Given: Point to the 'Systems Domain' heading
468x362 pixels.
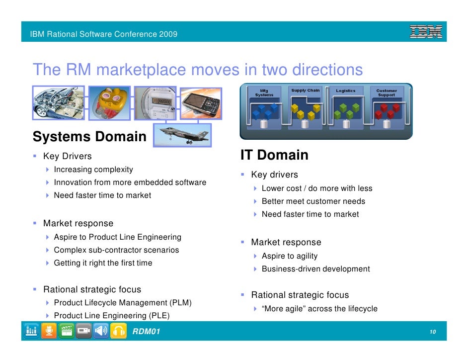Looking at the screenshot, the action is point(89,137).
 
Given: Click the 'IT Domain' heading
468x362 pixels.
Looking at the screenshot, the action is point(274,155).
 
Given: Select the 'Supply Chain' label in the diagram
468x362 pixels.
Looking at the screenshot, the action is point(305,91).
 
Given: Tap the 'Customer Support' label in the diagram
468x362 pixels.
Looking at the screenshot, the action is point(386,93).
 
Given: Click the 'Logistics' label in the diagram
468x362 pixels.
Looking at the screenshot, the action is point(346,91).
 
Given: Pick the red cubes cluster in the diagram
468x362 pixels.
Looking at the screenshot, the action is point(386,111).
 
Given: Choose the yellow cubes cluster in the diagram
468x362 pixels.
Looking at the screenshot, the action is point(303,111).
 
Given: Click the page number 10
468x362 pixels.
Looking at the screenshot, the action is point(433,332).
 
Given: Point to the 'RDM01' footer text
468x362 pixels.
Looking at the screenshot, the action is point(146,331).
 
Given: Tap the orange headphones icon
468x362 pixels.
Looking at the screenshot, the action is point(118,331).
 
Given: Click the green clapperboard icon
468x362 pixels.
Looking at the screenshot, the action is point(66,331).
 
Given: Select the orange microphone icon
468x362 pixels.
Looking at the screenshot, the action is point(49,331).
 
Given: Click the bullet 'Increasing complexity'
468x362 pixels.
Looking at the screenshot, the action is point(93,170).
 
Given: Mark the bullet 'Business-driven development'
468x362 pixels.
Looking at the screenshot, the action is point(315,269).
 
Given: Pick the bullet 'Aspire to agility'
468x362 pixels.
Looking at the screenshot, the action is point(289,256).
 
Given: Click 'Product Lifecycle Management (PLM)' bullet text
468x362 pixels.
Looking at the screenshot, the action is point(123,302).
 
